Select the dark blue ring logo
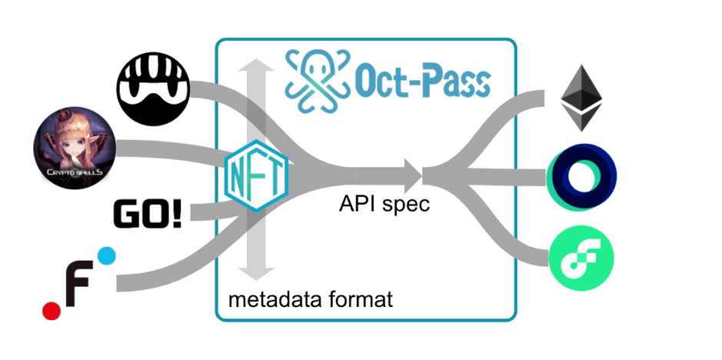click(x=584, y=176)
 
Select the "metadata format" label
click(x=311, y=299)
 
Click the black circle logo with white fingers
click(x=152, y=89)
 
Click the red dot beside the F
click(x=51, y=310)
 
